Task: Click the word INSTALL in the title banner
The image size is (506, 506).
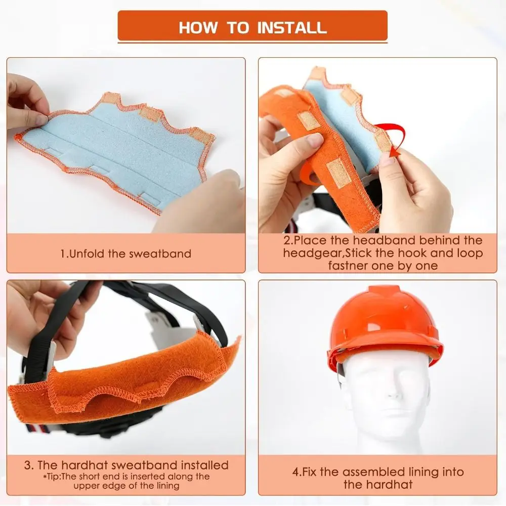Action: point(292,28)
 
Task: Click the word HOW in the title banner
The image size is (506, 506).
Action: point(198,28)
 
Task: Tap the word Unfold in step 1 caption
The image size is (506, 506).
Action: point(88,254)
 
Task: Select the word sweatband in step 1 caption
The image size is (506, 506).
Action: point(160,254)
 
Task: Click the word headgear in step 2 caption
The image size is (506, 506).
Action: point(312,254)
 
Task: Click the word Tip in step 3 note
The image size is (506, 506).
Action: point(53,477)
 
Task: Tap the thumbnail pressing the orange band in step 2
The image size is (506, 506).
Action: point(312,139)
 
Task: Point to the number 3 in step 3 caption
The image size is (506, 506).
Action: point(27,466)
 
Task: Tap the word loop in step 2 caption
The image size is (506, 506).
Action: point(470,254)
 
